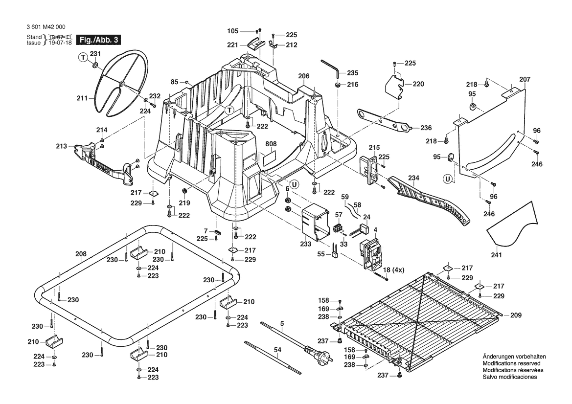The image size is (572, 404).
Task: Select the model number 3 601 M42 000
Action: point(48,28)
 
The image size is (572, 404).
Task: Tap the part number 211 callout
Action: point(81,98)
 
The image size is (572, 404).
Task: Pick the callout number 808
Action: point(271,145)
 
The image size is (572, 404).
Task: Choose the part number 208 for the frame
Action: point(81,254)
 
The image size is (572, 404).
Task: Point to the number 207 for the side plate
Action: point(525,79)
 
